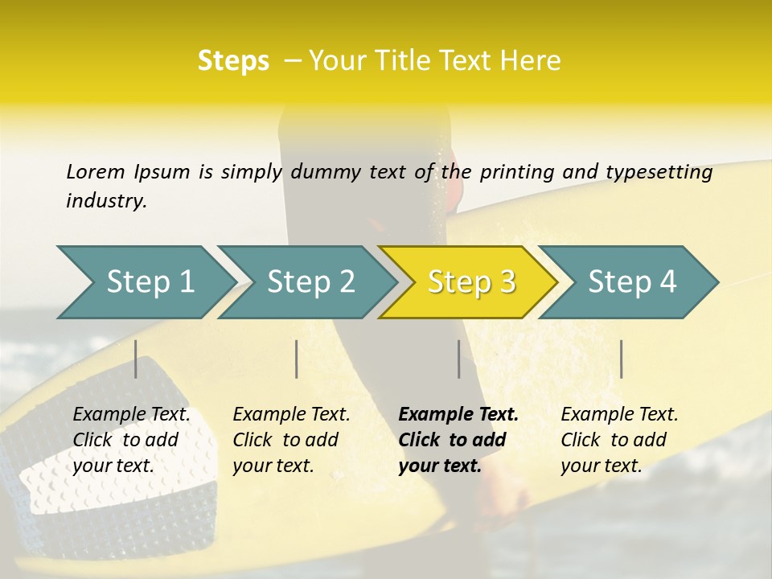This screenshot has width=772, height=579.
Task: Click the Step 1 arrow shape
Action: [x=148, y=282]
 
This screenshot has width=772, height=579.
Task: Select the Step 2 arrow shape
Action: [x=309, y=282]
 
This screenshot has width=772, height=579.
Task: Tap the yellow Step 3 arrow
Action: [x=470, y=282]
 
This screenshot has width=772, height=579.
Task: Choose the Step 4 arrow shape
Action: [x=630, y=282]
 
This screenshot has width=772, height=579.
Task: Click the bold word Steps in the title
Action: [x=233, y=61]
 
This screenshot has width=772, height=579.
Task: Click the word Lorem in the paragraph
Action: [x=95, y=171]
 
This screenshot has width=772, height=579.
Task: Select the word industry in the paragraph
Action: [x=106, y=200]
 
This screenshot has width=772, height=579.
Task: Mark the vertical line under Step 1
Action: [x=136, y=359]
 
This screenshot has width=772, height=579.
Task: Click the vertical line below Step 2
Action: [x=297, y=359]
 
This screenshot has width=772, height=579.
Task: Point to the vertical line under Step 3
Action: [x=458, y=359]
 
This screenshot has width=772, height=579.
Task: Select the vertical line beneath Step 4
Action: [x=621, y=359]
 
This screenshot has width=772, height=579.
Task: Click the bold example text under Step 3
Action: [x=458, y=440]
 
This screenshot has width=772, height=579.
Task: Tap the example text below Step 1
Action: [x=131, y=440]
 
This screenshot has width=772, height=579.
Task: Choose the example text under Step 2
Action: [x=291, y=440]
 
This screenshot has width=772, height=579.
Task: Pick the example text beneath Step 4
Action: [x=619, y=440]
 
